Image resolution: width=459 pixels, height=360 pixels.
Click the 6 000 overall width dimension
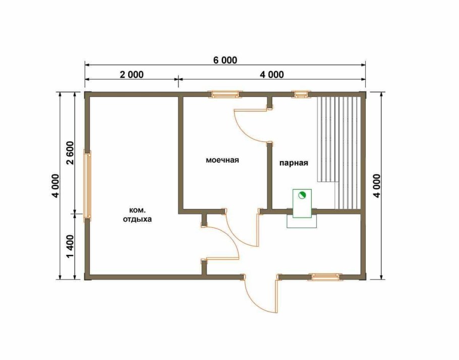click(225, 60)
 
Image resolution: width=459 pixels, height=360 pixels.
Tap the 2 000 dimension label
click(132, 74)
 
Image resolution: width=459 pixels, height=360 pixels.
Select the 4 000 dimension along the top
click(272, 74)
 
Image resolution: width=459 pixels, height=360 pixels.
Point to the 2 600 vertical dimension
click(70, 153)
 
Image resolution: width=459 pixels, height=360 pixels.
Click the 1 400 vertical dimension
click(70, 247)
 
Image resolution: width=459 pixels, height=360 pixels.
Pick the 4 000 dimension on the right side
click(377, 186)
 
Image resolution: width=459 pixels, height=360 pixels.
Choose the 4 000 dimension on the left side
click(55, 186)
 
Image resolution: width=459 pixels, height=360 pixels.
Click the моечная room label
click(222, 160)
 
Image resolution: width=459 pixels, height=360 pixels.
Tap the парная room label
click(294, 163)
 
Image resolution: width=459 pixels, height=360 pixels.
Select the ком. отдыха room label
click(137, 215)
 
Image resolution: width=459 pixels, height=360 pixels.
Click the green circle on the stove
click(302, 195)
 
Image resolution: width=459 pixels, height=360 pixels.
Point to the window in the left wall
click(88, 186)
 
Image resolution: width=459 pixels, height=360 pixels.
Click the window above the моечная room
click(225, 94)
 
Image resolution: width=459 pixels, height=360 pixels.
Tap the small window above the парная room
click(301, 94)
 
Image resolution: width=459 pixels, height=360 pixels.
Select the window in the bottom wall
click(325, 277)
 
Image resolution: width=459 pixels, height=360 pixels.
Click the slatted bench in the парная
click(339, 152)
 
